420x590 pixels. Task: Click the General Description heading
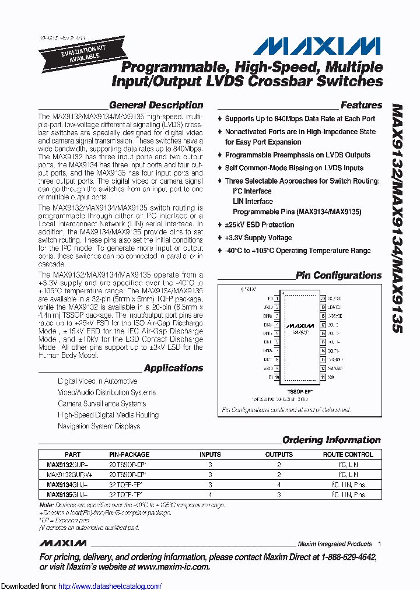coord(156,106)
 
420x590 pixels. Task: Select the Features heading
coord(361,106)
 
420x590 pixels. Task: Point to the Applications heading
coord(173,368)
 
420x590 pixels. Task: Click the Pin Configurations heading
coord(338,275)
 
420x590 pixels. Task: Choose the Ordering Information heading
coord(331,440)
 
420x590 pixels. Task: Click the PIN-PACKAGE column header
coord(129,454)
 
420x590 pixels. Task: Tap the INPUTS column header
coord(210,454)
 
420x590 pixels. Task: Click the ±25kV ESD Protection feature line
coord(259,225)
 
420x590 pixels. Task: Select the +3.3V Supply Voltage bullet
coord(258,238)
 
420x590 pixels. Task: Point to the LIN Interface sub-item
coord(253,202)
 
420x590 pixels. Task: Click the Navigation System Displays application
coord(99,426)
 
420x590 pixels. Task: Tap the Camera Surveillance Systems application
coord(101,404)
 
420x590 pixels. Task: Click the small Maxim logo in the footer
coord(63,543)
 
